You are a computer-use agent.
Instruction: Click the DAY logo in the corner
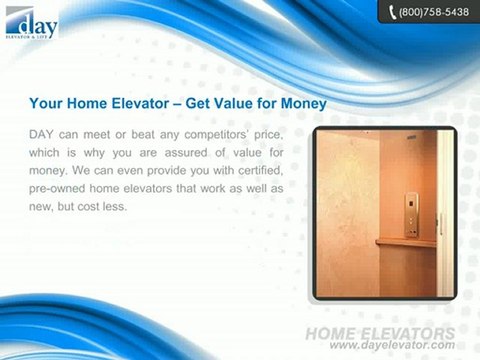pyautogui.click(x=30, y=21)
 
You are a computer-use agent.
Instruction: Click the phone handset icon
pyautogui.click(x=389, y=12)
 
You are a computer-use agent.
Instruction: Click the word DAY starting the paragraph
pyautogui.click(x=45, y=134)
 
